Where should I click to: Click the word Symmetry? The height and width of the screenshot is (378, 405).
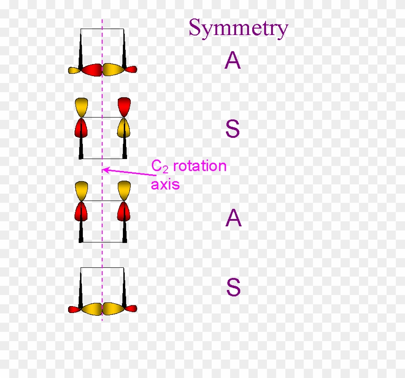point(238,28)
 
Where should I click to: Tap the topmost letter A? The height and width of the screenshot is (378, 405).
point(233,61)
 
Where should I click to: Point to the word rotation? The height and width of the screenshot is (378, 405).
point(200,166)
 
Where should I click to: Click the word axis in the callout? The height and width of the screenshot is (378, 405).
point(165,185)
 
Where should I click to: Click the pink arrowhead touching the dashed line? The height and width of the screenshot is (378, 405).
point(105,170)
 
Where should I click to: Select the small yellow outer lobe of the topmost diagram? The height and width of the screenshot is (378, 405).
point(75,71)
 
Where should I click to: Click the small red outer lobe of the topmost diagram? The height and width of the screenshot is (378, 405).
point(131,70)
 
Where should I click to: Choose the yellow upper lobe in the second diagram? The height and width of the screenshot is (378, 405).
point(81,106)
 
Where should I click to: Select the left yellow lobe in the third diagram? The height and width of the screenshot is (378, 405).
point(81,190)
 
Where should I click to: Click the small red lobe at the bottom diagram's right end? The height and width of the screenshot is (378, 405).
point(131,308)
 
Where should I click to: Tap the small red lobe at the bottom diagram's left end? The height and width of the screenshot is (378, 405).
point(75,309)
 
